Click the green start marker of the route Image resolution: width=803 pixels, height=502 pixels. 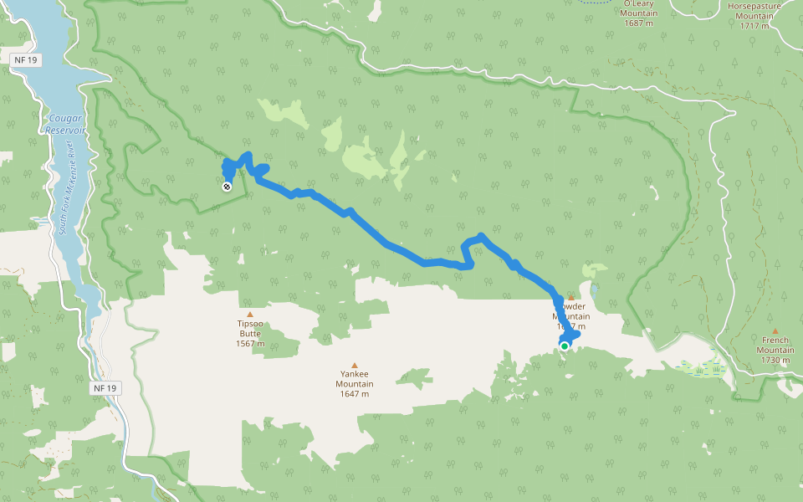(565, 346)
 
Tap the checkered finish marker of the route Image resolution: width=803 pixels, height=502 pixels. (227, 187)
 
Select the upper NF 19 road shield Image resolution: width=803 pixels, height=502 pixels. (26, 60)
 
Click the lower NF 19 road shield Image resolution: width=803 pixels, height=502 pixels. (105, 388)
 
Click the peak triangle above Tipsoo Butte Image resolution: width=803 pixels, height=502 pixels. (250, 315)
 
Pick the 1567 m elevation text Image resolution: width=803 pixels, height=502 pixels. (250, 344)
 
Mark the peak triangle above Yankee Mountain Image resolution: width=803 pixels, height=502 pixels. (355, 366)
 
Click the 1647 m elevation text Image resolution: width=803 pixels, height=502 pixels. (355, 394)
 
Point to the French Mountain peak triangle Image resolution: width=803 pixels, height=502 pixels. (775, 331)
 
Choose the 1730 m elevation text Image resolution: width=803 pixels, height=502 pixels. (775, 360)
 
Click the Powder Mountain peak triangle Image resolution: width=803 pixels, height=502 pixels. (571, 297)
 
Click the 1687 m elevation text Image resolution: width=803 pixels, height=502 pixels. (638, 23)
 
